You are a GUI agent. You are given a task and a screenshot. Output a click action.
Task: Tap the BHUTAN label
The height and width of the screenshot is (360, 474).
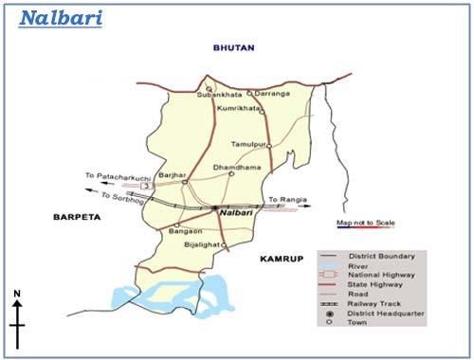(234, 47)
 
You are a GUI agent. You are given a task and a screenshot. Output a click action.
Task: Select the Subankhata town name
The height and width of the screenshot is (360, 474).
(215, 96)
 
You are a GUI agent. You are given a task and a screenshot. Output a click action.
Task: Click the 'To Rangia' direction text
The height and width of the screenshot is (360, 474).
(284, 199)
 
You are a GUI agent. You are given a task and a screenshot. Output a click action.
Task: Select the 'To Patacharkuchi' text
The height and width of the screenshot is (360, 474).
(117, 175)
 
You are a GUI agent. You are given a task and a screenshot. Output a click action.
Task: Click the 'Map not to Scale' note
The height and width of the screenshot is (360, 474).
(365, 223)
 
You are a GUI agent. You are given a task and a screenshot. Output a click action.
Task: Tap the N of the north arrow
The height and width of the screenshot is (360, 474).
(17, 296)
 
